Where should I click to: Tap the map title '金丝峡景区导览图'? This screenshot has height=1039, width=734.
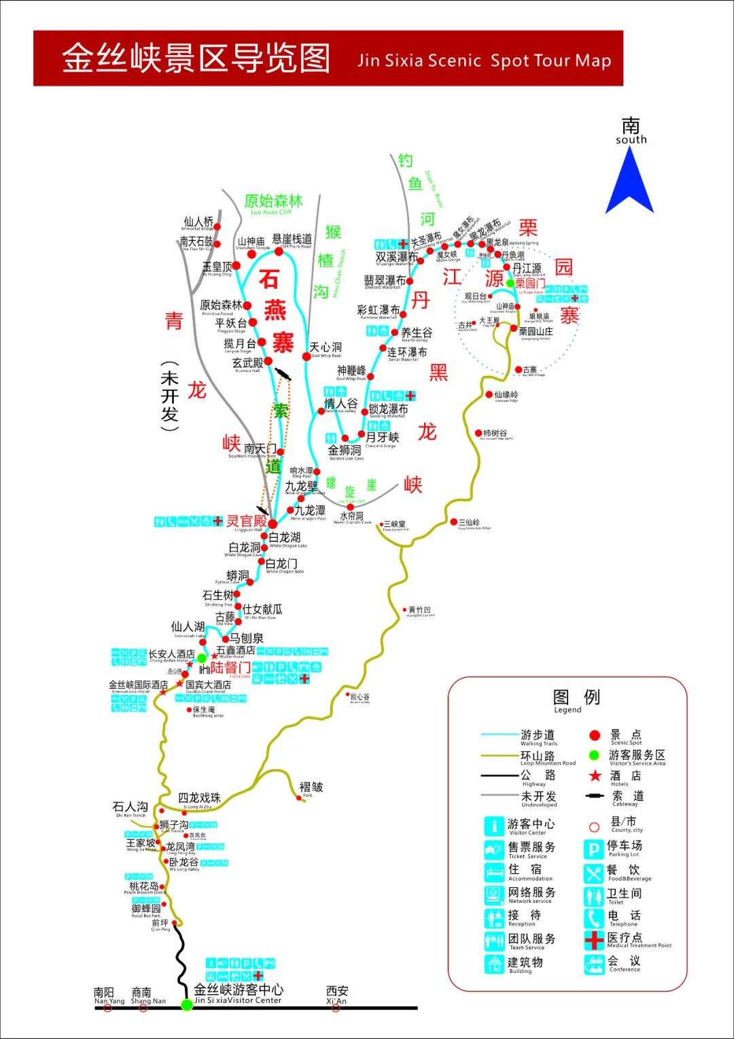tap(196, 58)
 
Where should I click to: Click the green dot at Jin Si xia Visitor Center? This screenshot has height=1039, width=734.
tap(187, 1004)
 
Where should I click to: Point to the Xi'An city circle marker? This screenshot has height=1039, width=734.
tap(336, 1008)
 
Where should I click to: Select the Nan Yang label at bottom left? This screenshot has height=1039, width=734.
tap(108, 996)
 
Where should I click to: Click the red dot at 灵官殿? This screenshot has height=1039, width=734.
tap(273, 524)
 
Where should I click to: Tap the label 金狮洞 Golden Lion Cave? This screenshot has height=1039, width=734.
tap(345, 452)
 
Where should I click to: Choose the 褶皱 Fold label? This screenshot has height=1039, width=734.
tap(311, 787)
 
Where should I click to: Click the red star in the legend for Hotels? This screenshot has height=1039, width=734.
tap(595, 776)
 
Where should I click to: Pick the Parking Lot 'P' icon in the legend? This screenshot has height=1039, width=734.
tap(593, 849)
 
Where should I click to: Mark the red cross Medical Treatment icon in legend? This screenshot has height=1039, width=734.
tap(594, 940)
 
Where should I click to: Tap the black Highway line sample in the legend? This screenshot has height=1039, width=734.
tap(500, 776)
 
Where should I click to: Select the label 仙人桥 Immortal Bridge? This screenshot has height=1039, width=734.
tap(198, 223)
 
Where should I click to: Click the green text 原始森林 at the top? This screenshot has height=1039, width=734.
tap(273, 201)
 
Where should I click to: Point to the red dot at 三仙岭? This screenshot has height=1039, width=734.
tap(454, 522)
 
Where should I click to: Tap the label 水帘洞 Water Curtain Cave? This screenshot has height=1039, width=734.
tap(352, 517)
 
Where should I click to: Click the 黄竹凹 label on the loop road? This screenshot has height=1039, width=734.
tap(419, 611)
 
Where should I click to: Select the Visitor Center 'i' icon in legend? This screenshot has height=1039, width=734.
tap(493, 826)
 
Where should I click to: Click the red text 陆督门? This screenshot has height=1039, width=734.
tap(230, 668)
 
